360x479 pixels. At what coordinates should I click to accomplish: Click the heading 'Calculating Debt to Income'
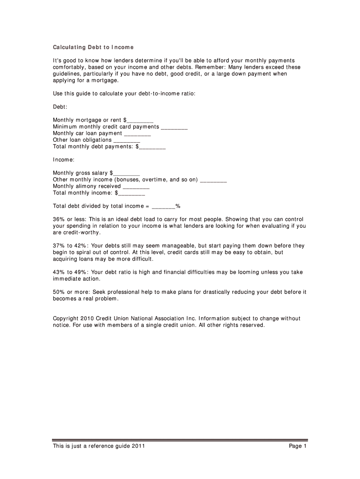click(x=94, y=47)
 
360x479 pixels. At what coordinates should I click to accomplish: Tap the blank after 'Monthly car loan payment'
click(x=137, y=134)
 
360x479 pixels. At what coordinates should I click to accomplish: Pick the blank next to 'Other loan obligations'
click(x=127, y=140)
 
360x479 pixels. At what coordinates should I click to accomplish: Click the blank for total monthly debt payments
click(x=152, y=147)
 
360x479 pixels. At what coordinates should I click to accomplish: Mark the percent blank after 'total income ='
click(x=164, y=206)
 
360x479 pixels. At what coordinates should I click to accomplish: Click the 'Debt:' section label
click(x=61, y=107)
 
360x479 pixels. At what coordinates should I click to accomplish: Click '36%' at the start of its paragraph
click(x=59, y=219)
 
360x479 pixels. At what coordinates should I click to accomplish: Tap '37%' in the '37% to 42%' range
click(x=59, y=246)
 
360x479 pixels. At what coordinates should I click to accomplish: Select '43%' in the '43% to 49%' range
click(x=59, y=272)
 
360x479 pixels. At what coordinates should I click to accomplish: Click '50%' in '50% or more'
click(x=59, y=292)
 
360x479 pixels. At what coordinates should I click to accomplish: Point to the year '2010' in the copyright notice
click(x=88, y=319)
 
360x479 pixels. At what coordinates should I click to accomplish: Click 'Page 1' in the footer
click(x=297, y=446)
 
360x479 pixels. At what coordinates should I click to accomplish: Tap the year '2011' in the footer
click(x=138, y=446)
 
